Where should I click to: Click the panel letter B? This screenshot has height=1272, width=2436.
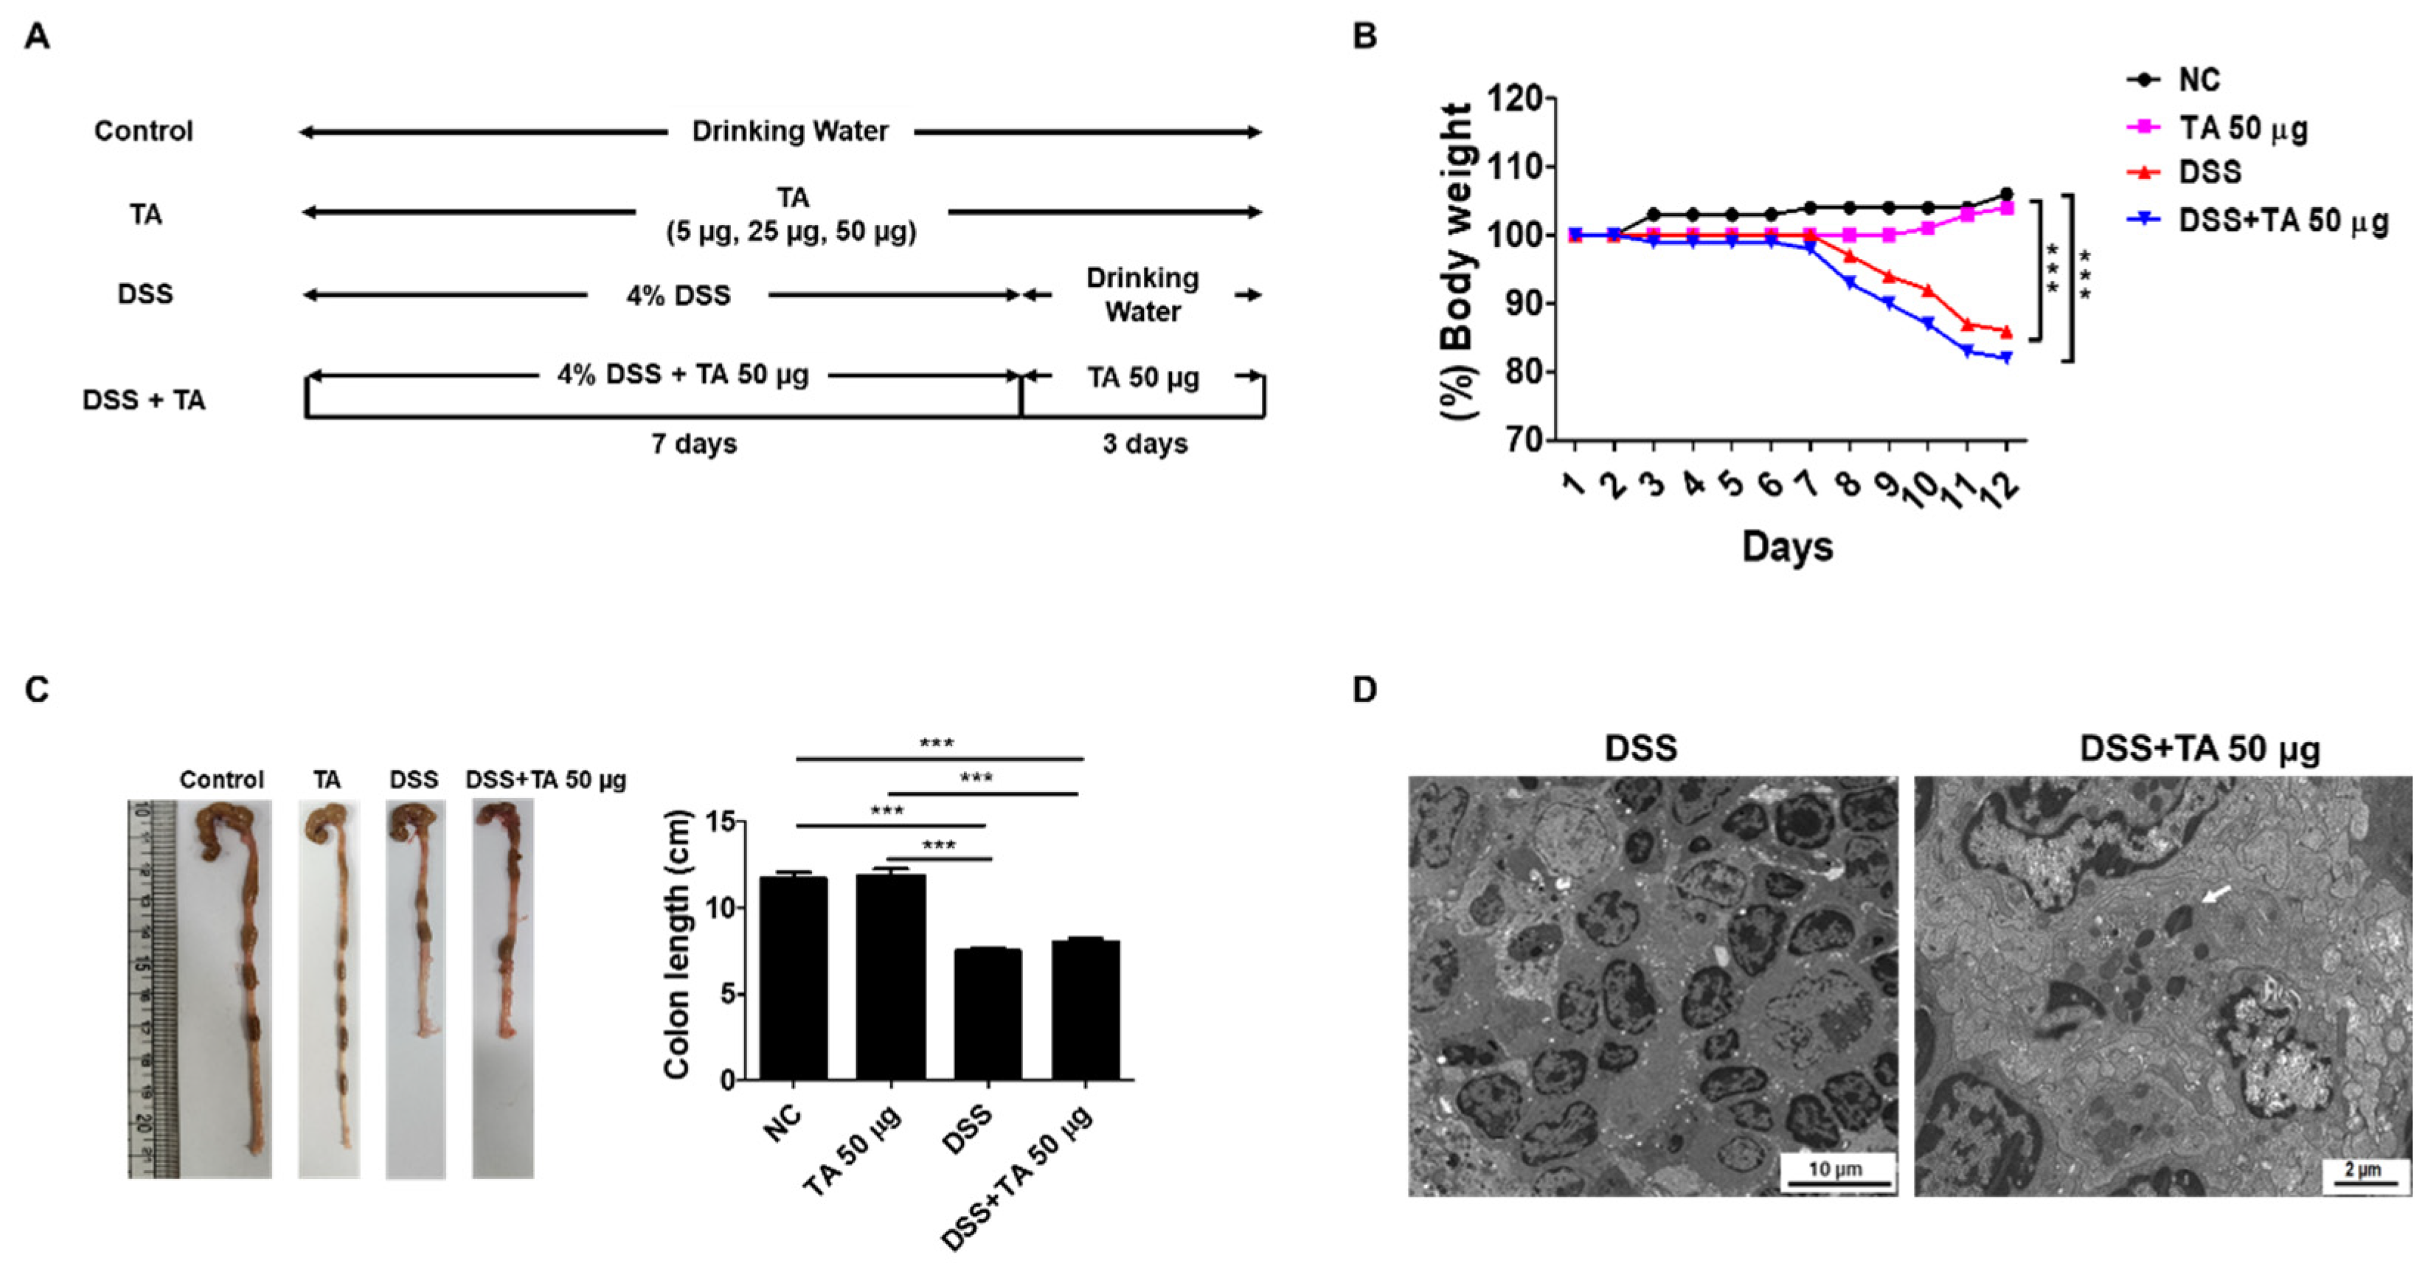(1364, 37)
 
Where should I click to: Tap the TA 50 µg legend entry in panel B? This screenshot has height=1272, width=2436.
(2242, 128)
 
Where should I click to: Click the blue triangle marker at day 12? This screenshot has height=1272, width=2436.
(2006, 357)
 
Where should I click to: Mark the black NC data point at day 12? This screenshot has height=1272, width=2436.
(2006, 194)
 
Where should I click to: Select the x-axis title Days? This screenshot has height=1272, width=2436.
(1786, 546)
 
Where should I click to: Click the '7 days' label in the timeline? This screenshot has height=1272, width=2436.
(693, 444)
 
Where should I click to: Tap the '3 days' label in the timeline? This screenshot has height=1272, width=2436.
(1144, 444)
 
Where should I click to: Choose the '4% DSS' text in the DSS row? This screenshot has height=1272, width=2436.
(678, 296)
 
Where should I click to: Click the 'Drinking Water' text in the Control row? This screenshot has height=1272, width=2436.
(790, 131)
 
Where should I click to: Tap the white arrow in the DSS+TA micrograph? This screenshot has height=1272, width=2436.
(2214, 894)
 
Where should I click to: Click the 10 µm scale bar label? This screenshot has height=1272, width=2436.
(1836, 1169)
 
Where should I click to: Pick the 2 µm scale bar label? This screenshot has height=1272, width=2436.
(2362, 1170)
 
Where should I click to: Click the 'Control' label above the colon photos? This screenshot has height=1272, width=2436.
(221, 780)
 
